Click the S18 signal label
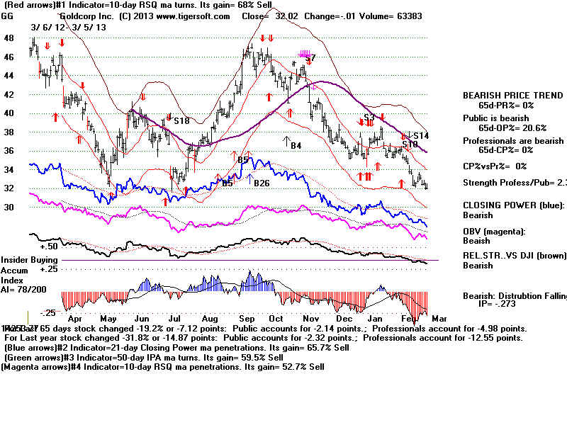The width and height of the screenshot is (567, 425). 182,121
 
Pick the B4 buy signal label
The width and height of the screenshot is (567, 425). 296,145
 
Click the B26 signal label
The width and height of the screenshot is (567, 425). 263,183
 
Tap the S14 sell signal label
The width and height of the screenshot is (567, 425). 422,135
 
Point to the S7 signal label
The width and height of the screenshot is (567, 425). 310,58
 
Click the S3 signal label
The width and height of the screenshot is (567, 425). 369,118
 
